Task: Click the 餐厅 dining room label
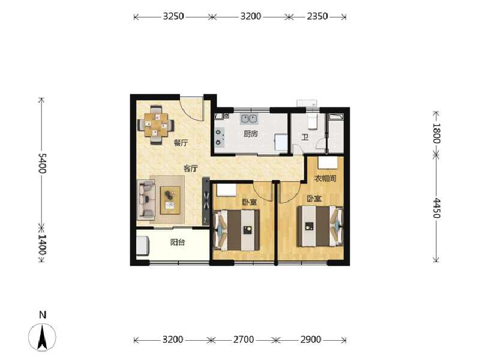[x=181, y=143]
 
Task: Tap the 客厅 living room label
[x=190, y=169]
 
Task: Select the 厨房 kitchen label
[x=251, y=134]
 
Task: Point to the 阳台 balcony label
[x=177, y=242]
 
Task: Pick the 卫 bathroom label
[x=305, y=137]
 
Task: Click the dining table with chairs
[x=156, y=125]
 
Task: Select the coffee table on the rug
[x=170, y=199]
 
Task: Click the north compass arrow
[x=43, y=336]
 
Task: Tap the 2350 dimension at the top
[x=317, y=17]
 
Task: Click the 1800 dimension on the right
[x=437, y=133]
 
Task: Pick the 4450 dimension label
[x=437, y=208]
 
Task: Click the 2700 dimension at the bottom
[x=243, y=340]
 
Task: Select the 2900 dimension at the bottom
[x=310, y=340]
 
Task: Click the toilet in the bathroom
[x=311, y=122]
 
